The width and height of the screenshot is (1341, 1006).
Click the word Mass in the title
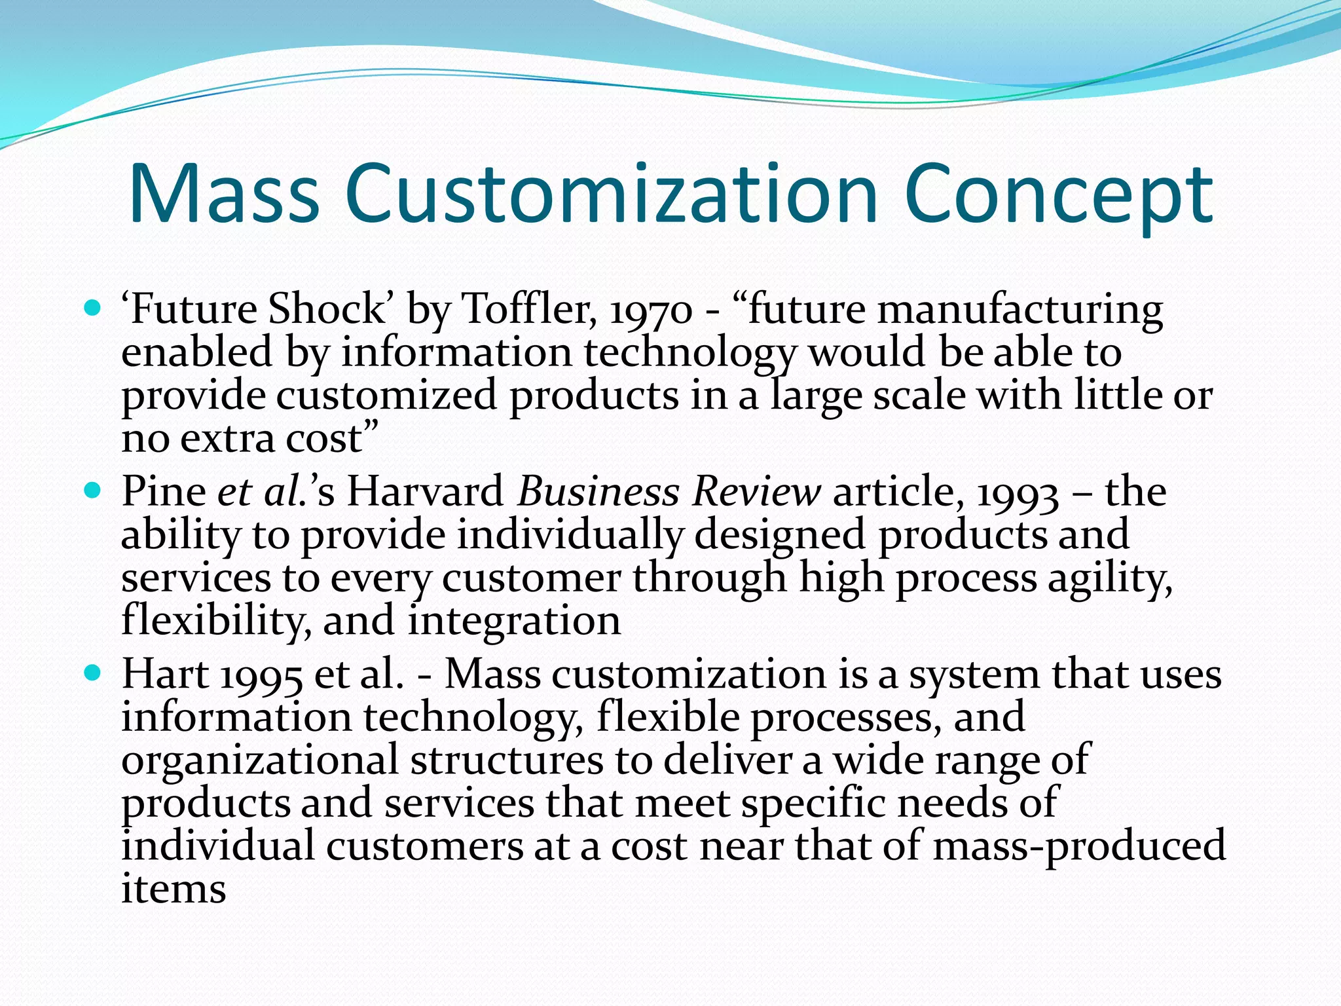coord(224,195)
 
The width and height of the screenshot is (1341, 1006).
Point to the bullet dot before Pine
coord(93,490)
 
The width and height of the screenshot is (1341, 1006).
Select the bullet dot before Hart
coord(93,673)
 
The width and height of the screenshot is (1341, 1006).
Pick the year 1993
coord(1018,493)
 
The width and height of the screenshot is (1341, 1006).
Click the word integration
coord(515,621)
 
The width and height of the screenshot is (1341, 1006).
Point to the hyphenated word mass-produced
coord(1079,846)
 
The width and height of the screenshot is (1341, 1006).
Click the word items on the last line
coord(174,889)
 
